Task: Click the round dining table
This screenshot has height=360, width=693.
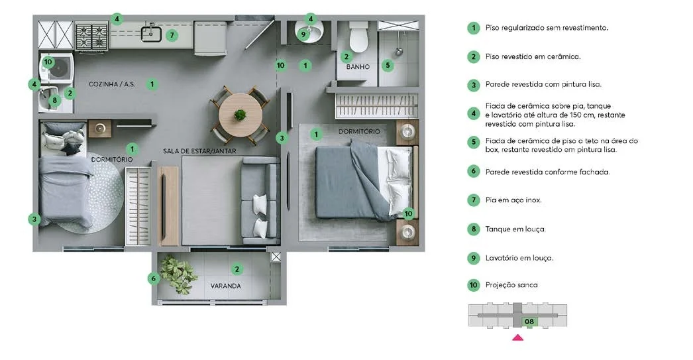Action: [x=240, y=115]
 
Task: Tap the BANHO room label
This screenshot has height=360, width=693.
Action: [x=358, y=67]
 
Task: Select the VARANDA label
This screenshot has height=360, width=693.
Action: [x=225, y=286]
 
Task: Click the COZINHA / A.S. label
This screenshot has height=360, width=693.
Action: [x=112, y=84]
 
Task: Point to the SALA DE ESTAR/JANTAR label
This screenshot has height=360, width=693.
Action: [x=199, y=150]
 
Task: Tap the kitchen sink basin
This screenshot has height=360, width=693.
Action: [x=151, y=34]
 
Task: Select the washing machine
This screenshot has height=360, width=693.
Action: [x=56, y=67]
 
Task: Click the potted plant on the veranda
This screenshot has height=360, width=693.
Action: [x=178, y=274]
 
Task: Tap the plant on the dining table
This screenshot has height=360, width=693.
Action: [x=240, y=115]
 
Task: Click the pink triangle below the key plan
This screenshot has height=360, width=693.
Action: [x=517, y=338]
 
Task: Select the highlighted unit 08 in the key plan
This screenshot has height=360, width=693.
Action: [x=529, y=322]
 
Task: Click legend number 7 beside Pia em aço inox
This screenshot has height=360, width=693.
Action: [x=474, y=200]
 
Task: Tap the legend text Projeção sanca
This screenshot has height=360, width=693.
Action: [x=511, y=285]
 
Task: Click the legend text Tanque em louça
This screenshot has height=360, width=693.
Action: [x=515, y=229]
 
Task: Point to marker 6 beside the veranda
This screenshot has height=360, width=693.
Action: [x=153, y=278]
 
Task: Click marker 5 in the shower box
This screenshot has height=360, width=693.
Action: [x=388, y=66]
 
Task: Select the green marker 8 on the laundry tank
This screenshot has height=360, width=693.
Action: [x=55, y=100]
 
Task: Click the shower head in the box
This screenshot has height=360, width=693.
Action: [x=399, y=52]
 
